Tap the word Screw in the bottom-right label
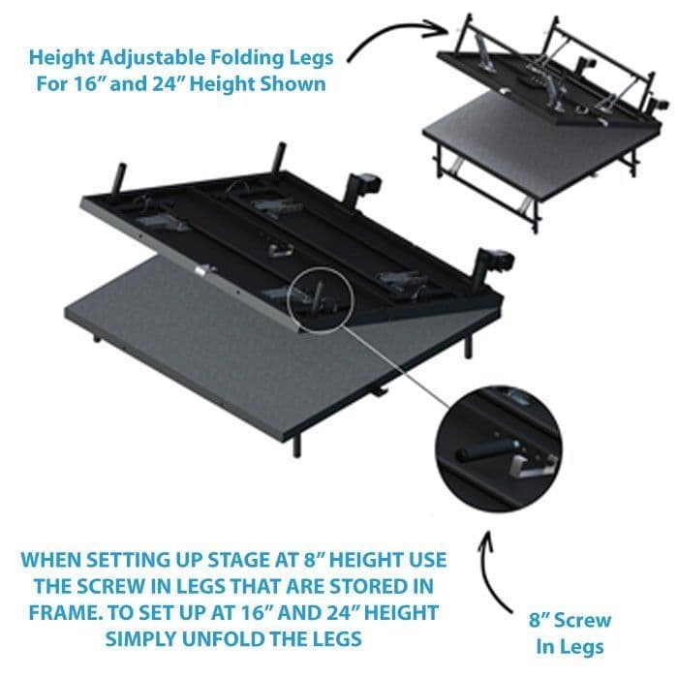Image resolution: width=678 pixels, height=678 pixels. [x=590, y=619]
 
